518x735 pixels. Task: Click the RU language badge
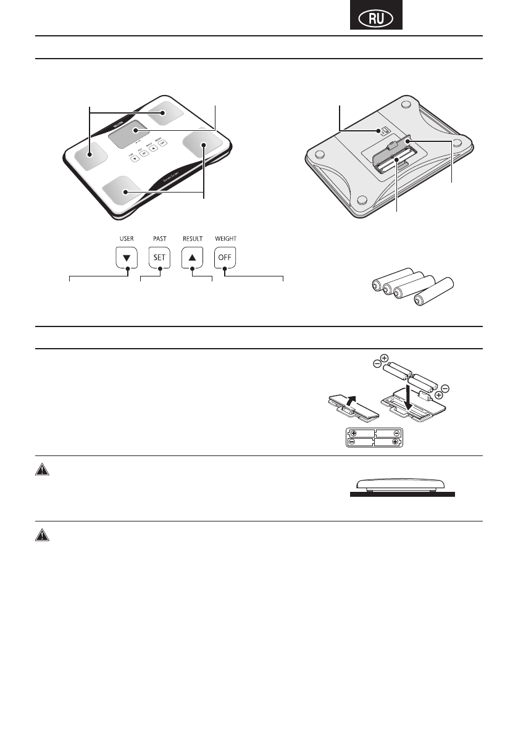(x=376, y=19)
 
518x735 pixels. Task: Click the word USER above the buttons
(x=127, y=238)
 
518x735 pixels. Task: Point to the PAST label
(x=159, y=238)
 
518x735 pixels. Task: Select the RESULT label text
(x=192, y=238)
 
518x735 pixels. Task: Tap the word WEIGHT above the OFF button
(x=225, y=238)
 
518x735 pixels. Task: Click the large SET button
(x=159, y=257)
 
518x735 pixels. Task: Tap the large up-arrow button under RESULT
(x=192, y=257)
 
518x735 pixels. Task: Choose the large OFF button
(x=225, y=257)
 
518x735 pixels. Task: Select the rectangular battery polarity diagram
(x=373, y=438)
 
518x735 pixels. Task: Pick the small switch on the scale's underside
(x=384, y=131)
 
